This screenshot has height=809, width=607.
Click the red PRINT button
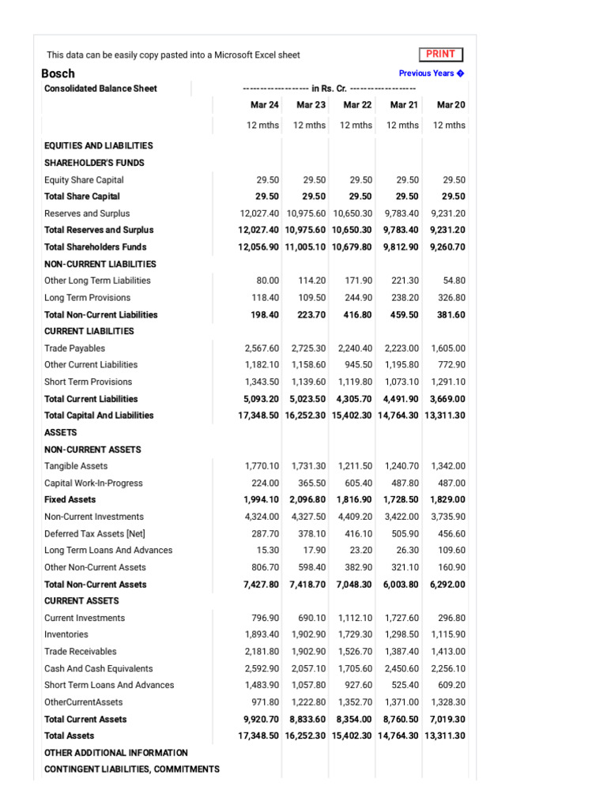440,55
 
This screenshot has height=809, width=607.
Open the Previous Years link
432,73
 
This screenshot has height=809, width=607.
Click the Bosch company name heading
58,73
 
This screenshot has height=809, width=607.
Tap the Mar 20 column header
451,105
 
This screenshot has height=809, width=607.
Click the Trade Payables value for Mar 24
262,348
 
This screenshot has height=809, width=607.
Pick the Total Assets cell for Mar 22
352,736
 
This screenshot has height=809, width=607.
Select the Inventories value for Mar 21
402,634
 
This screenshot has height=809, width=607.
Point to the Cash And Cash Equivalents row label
99,668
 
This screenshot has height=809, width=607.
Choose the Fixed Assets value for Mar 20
447,499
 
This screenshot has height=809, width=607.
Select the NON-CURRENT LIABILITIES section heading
100,264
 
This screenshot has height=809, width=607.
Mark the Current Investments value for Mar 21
402,618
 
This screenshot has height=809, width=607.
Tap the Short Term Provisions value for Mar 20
447,382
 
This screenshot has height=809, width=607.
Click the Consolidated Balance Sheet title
100,88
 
